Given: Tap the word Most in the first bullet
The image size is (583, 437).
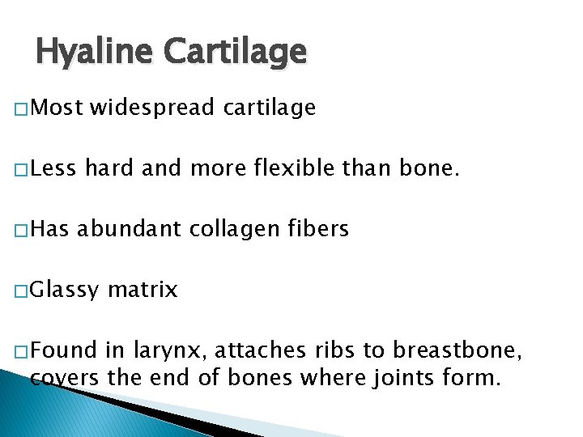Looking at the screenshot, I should point(58,108).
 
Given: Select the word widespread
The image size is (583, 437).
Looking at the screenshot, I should point(152,108).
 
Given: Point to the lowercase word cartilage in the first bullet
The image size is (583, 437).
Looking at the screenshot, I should point(269,108).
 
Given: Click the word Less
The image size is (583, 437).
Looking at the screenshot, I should point(56,169).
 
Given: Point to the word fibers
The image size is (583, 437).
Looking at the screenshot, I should point(320,230).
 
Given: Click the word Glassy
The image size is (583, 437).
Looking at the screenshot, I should point(68,291).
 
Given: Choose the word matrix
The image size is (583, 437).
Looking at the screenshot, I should point(142,290).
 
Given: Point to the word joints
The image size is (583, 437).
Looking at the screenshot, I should point(402,377).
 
